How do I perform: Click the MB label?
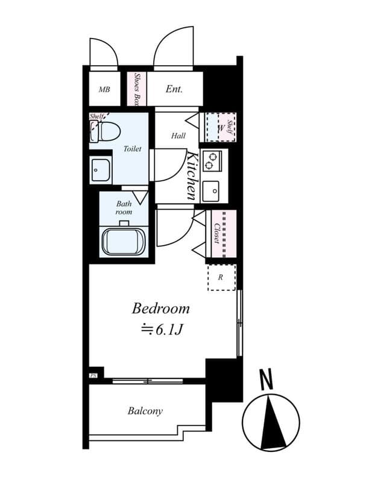104,89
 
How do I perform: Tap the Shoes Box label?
137,89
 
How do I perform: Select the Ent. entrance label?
174,89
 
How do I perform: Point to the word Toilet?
133,149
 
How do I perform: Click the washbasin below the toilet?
101,171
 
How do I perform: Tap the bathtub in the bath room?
124,240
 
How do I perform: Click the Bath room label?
124,208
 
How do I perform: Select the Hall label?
178,136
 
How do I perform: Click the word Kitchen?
192,176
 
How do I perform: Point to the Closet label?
216,234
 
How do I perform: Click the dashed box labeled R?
221,277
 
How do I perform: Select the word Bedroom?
160,309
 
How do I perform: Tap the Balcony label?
145,411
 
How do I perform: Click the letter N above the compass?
266,380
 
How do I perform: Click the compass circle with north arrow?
271,421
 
